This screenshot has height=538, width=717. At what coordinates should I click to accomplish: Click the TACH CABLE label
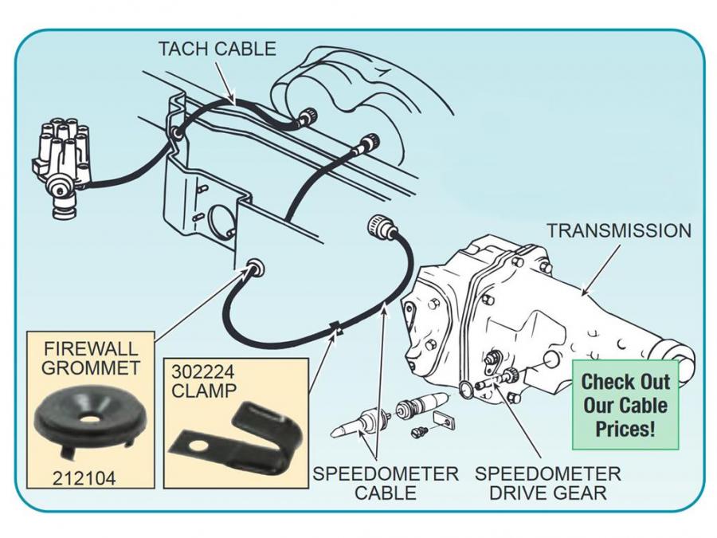point(217,49)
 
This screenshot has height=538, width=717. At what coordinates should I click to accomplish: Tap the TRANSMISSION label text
point(618,230)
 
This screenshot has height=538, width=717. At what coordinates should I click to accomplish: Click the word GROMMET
point(92,368)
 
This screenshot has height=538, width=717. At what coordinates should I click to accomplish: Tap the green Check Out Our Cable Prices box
point(625,405)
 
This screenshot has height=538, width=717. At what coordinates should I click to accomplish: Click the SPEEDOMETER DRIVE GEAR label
point(547,483)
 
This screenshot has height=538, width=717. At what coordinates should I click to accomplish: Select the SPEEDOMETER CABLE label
point(385,483)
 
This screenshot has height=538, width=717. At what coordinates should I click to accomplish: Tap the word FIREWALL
point(92,348)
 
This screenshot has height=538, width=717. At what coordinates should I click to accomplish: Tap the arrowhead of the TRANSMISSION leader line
point(586,294)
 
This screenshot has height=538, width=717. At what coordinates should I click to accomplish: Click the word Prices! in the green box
point(625,430)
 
